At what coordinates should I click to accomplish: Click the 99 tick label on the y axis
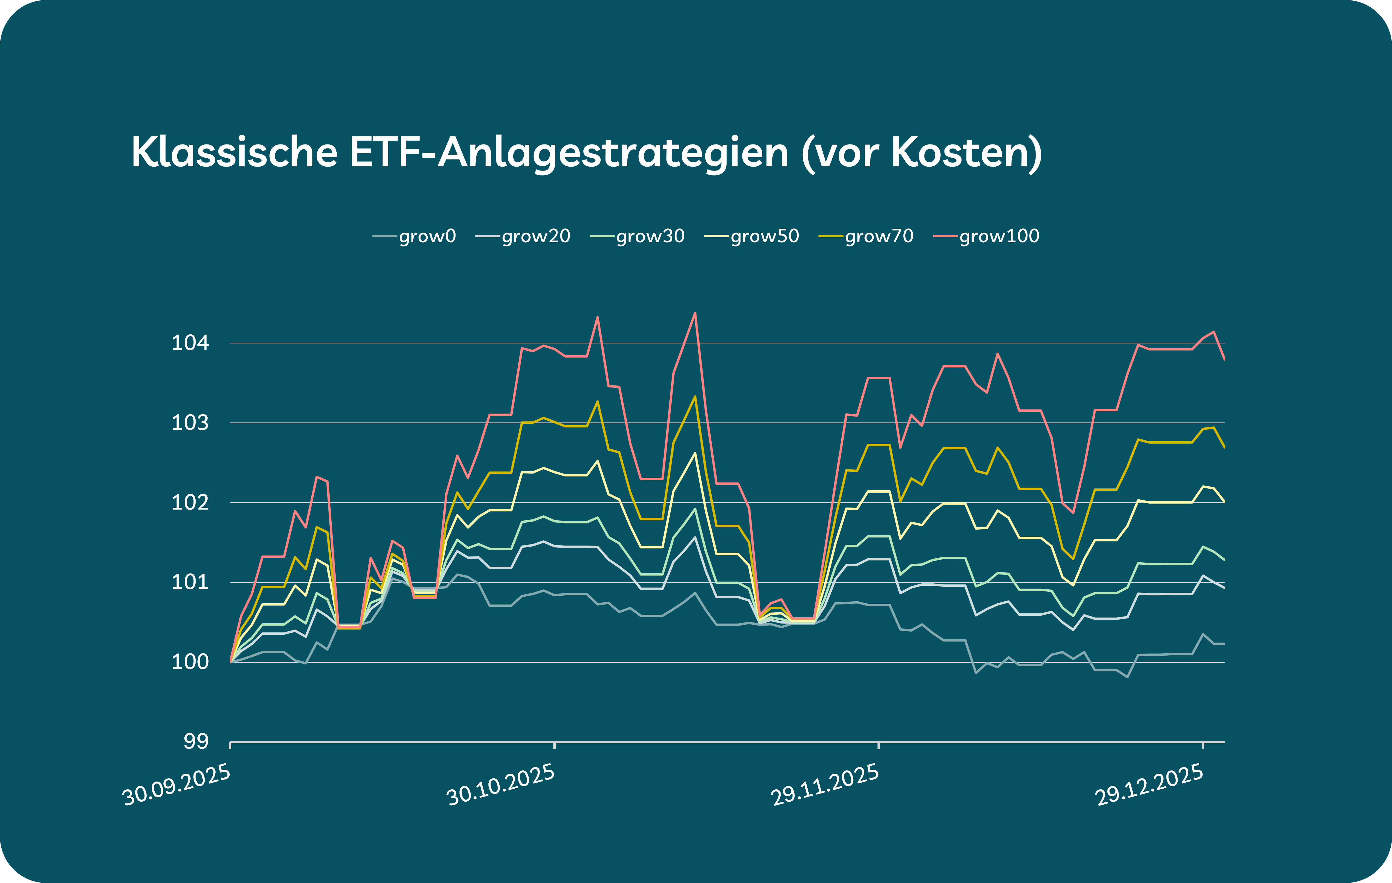(196, 741)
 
